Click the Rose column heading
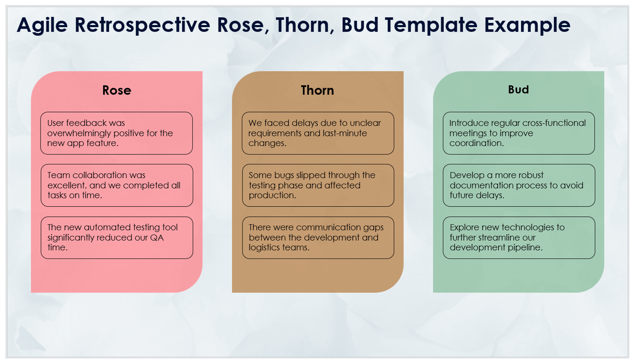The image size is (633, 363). [x=117, y=90]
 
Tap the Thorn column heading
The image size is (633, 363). [x=317, y=90]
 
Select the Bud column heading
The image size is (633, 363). [x=518, y=89]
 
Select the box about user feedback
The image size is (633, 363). [x=117, y=133]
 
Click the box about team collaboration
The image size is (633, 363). [x=117, y=185]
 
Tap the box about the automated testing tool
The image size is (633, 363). [x=117, y=238]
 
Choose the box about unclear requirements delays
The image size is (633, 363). [x=318, y=133]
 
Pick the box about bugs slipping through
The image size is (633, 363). [x=318, y=185]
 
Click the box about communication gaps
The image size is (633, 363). [x=318, y=238]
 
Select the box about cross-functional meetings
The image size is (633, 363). [x=519, y=133]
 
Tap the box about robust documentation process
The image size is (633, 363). [x=519, y=185]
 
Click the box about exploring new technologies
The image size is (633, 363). [x=519, y=238]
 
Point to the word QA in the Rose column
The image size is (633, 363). [x=156, y=238]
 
